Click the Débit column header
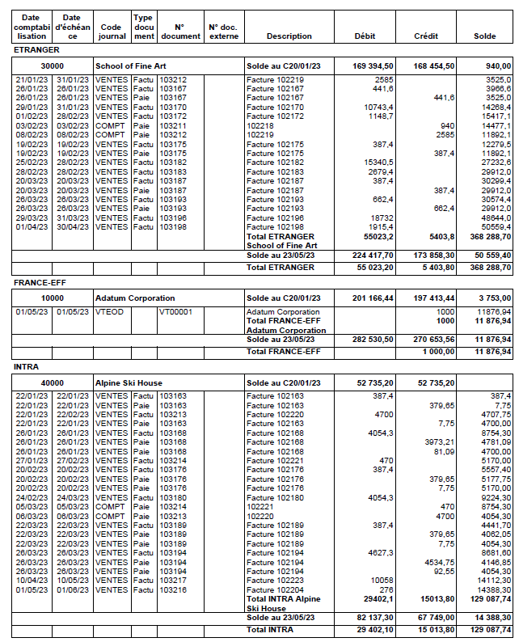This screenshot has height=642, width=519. pos(365,36)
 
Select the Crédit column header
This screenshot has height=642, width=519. pos(426,36)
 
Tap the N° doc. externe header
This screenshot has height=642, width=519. pos(223,32)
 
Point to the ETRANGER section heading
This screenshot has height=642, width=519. pos(37,51)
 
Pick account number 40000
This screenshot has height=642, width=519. pos(53,382)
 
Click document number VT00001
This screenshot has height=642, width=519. pos(175,312)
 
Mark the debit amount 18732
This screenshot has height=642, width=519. pos(382,218)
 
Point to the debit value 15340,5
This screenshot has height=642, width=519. pos(378,163)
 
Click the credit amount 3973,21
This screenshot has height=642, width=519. pos(439,441)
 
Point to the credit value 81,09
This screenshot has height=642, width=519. pos(443,450)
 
